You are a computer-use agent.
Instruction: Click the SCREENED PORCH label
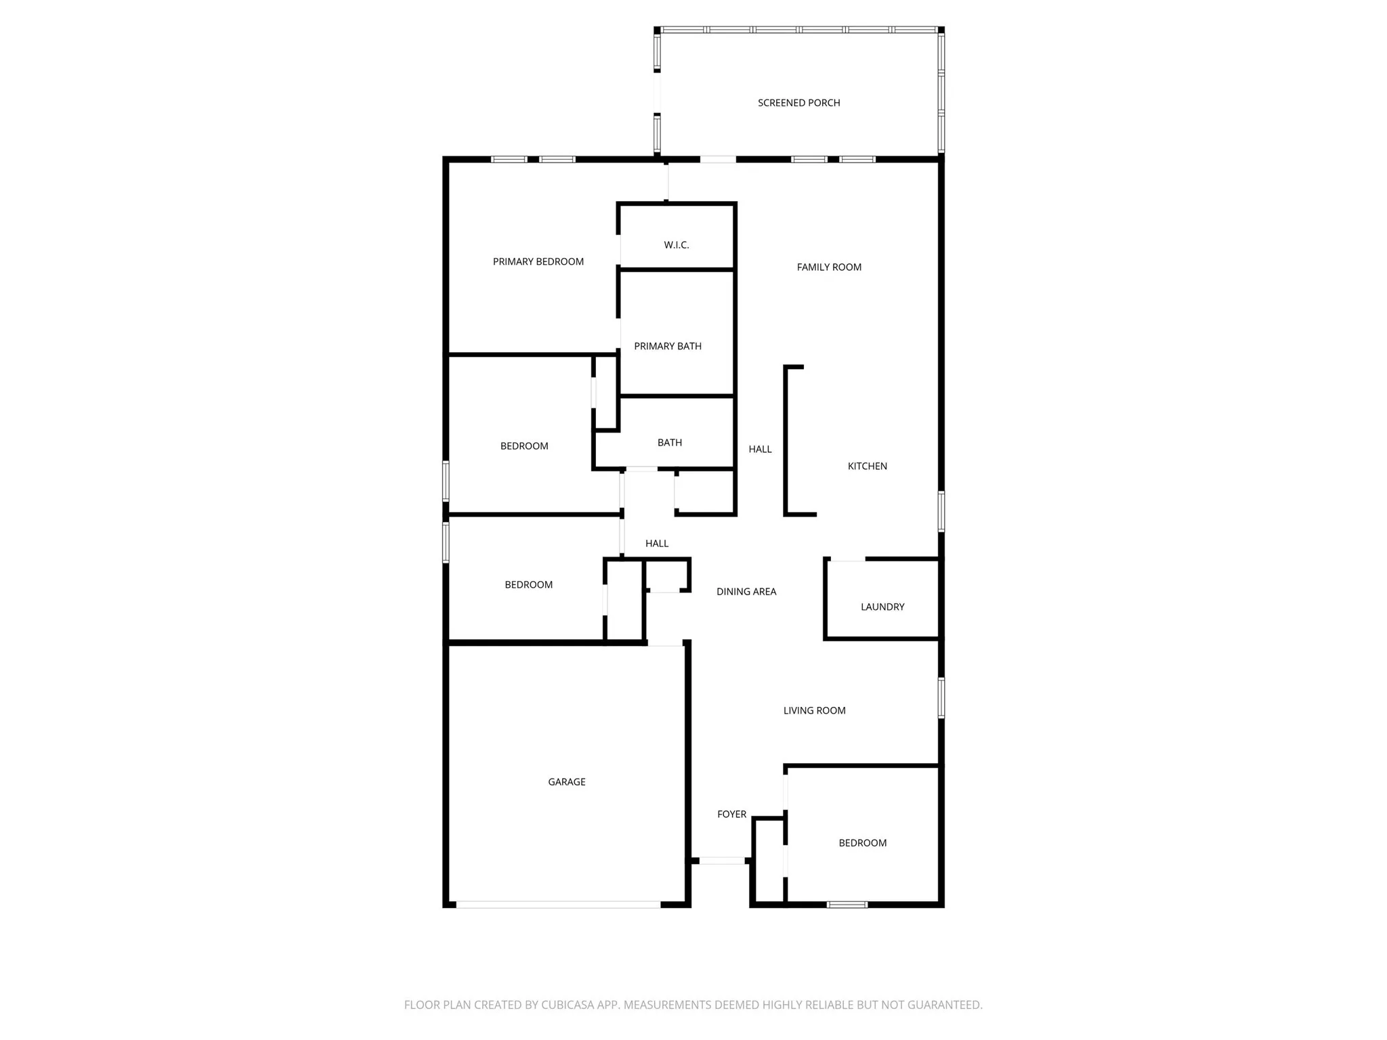pyautogui.click(x=798, y=103)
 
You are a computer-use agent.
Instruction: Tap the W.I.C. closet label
pyautogui.click(x=676, y=245)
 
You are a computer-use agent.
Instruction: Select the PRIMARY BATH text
pyautogui.click(x=667, y=346)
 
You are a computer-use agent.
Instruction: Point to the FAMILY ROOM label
pyautogui.click(x=829, y=267)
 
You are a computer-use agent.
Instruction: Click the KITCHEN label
pyautogui.click(x=867, y=466)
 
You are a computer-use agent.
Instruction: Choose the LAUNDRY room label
pyautogui.click(x=882, y=607)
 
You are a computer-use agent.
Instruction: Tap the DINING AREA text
pyautogui.click(x=746, y=592)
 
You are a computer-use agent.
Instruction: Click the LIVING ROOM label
pyautogui.click(x=814, y=710)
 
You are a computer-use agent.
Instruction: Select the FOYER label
pyautogui.click(x=731, y=815)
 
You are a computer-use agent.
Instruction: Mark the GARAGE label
pyautogui.click(x=566, y=782)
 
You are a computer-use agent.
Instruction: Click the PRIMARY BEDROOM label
pyautogui.click(x=538, y=262)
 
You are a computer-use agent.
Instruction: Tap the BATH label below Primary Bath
pyautogui.click(x=669, y=443)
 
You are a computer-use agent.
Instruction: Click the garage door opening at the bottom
pyautogui.click(x=557, y=905)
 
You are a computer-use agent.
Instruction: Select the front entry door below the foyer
pyautogui.click(x=721, y=861)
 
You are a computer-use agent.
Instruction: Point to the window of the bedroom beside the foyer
pyautogui.click(x=847, y=905)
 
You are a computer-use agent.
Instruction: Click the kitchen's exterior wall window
pyautogui.click(x=941, y=511)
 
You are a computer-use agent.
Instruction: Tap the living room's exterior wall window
pyautogui.click(x=941, y=697)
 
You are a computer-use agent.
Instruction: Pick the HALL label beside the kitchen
pyautogui.click(x=760, y=449)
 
